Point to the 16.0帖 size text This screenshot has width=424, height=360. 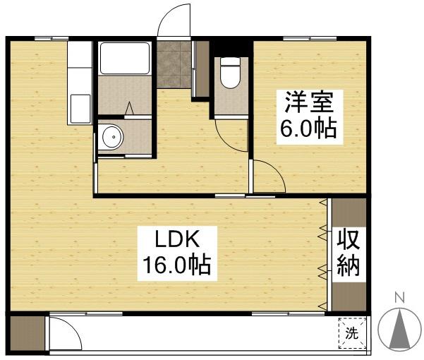[x=176, y=266]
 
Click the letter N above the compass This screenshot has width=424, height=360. [x=399, y=297]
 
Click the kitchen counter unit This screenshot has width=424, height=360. [x=80, y=83]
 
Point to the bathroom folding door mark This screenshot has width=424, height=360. [x=131, y=109]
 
